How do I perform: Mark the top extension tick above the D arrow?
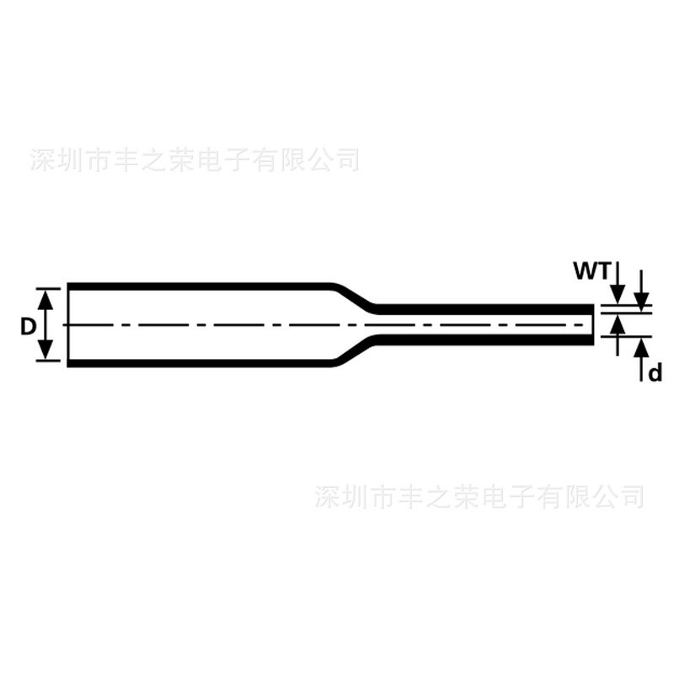(49, 288)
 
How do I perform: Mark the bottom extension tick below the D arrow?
(49, 362)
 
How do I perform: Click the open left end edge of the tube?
(68, 325)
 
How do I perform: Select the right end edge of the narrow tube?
(592, 325)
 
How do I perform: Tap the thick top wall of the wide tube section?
(202, 286)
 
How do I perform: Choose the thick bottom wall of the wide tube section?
(202, 364)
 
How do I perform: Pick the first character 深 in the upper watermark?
(41, 160)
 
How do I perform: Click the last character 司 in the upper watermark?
(346, 159)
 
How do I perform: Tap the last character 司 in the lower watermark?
(631, 496)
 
